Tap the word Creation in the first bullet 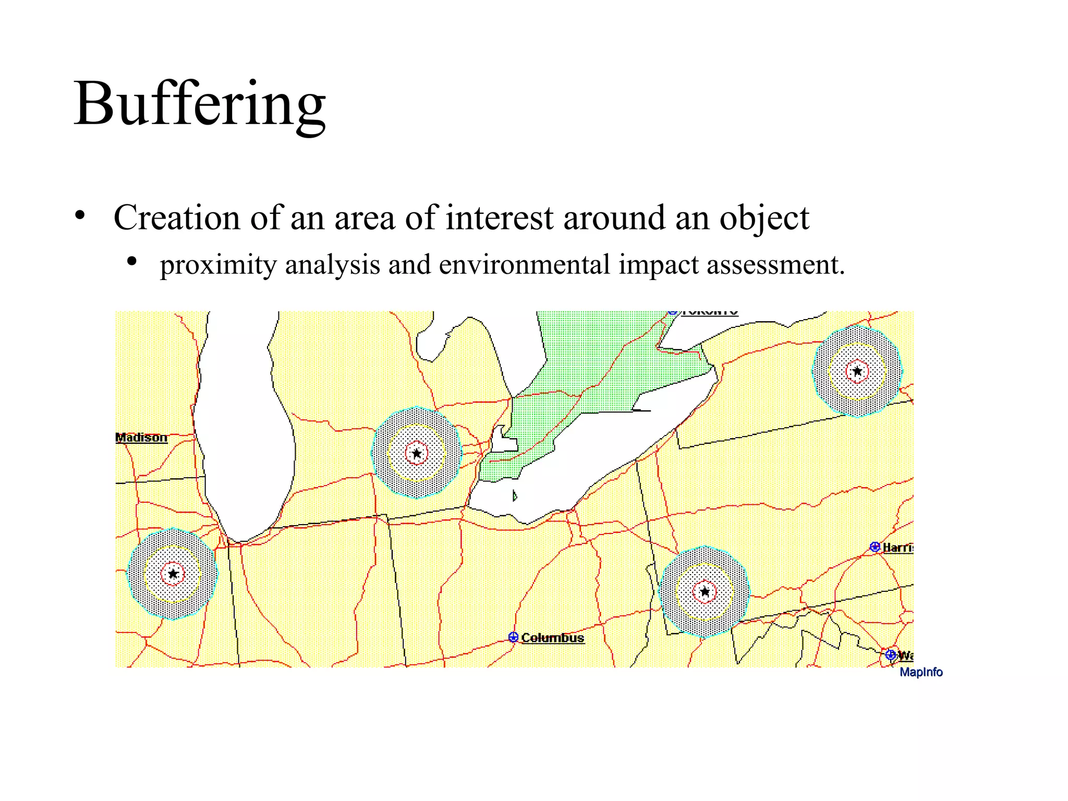click(x=177, y=217)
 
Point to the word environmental click(x=524, y=264)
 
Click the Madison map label click(x=141, y=438)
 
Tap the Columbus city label click(x=552, y=638)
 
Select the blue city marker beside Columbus click(x=513, y=637)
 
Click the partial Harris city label click(x=897, y=547)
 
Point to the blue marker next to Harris click(x=875, y=547)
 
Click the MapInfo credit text click(x=921, y=672)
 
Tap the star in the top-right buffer click(x=857, y=372)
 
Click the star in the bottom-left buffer click(x=173, y=574)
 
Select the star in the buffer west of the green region click(x=417, y=453)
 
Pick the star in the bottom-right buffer click(x=705, y=592)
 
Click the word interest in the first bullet click(x=499, y=217)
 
